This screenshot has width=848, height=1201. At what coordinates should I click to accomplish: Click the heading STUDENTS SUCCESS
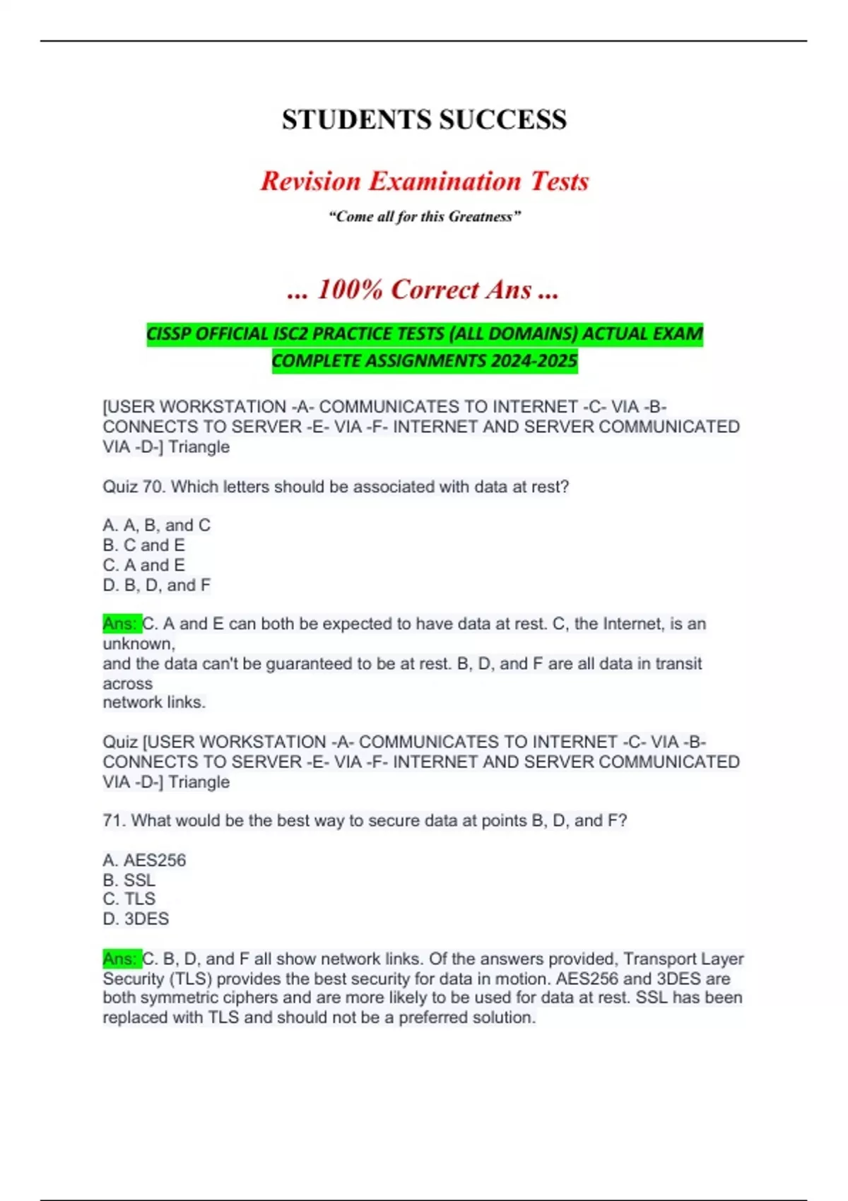click(424, 119)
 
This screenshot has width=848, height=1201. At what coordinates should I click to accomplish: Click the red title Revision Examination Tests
click(424, 181)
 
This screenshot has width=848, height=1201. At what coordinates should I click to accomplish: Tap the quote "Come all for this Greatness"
click(424, 216)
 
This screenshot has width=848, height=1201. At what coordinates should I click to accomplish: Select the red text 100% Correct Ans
click(424, 289)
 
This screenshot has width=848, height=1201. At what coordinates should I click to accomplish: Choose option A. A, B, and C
click(156, 525)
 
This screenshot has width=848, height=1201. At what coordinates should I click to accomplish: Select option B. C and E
click(143, 545)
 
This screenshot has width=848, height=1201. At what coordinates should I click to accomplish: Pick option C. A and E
click(143, 565)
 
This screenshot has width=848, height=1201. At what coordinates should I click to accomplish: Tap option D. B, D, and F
click(156, 585)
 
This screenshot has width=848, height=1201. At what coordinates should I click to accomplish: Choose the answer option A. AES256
click(144, 860)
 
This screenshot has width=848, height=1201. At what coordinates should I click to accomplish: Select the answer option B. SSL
click(129, 880)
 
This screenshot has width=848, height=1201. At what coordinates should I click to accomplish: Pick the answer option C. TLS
click(129, 899)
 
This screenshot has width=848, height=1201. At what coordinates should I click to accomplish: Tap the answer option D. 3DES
click(136, 918)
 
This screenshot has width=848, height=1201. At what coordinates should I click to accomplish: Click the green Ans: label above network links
click(122, 624)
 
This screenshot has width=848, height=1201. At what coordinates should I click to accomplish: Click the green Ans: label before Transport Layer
click(122, 959)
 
